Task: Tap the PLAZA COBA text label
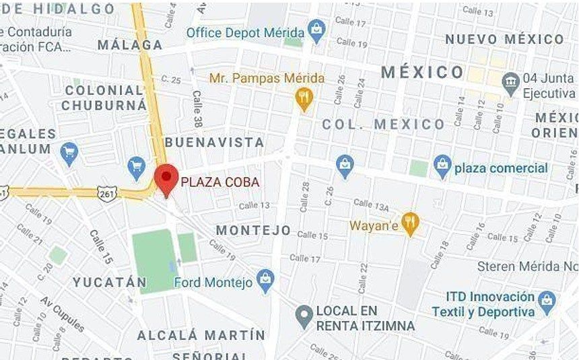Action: click(219, 182)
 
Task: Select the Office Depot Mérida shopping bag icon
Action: click(316, 29)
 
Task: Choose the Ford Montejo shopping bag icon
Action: click(266, 280)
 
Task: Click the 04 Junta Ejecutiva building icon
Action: click(511, 80)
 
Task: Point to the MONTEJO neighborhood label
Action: click(253, 230)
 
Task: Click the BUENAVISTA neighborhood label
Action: click(214, 142)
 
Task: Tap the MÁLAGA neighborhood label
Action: click(130, 45)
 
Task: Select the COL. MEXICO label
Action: click(383, 124)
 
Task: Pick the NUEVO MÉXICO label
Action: click(504, 39)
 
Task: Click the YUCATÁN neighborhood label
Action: click(110, 282)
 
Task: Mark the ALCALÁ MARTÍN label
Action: click(201, 334)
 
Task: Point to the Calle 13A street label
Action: click(371, 203)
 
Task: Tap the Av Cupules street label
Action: click(63, 314)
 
